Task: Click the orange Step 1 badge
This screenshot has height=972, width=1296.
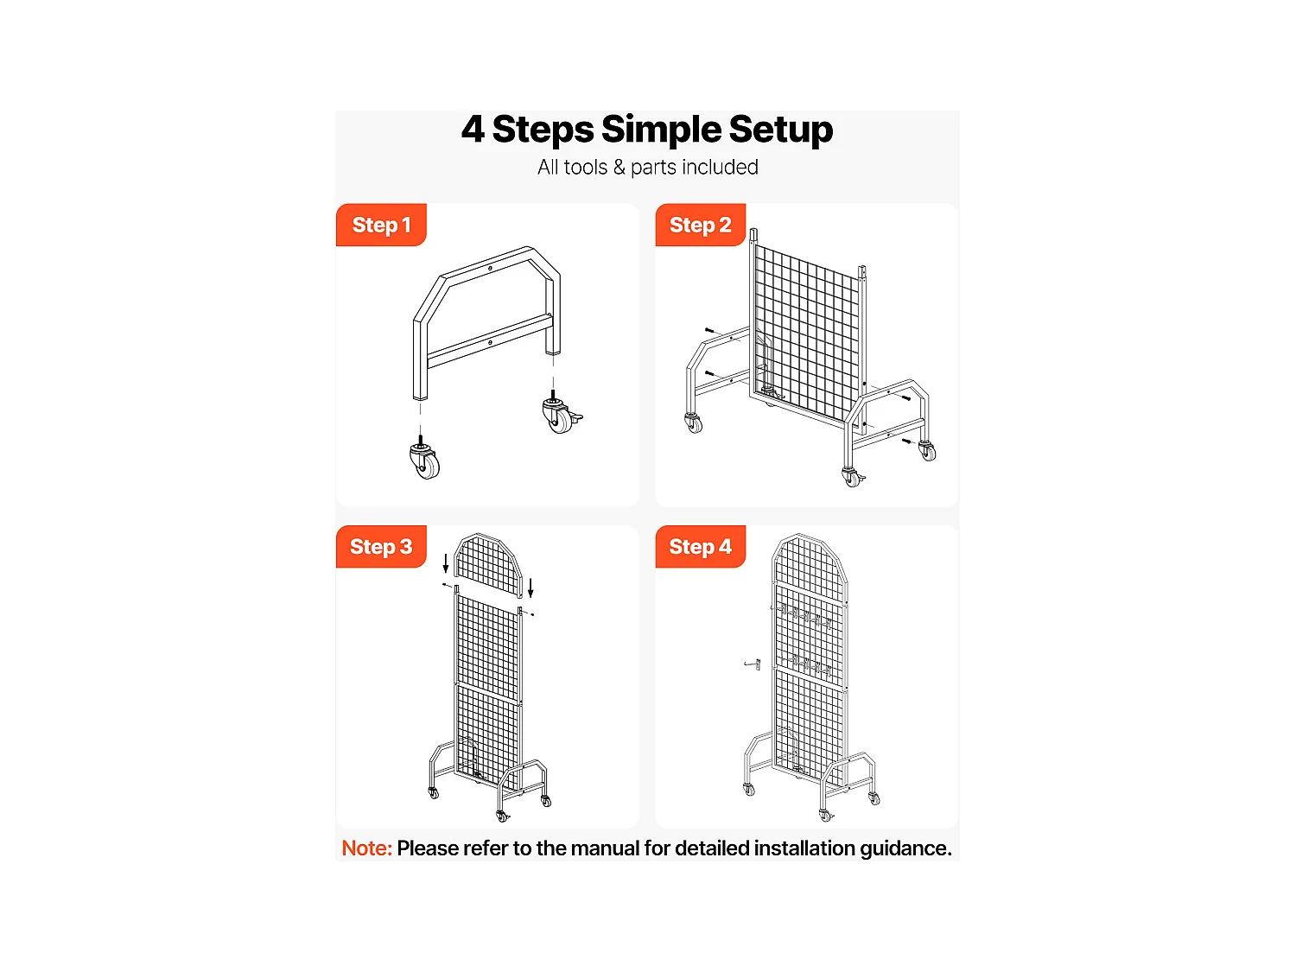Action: [381, 225]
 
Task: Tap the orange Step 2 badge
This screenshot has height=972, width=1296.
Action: [700, 225]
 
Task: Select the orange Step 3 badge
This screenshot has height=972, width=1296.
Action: [381, 547]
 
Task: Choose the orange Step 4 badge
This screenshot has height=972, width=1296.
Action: [700, 547]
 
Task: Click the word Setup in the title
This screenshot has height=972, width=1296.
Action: [780, 130]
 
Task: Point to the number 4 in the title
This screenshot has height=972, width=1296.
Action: [473, 130]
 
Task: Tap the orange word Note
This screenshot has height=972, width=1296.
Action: [366, 848]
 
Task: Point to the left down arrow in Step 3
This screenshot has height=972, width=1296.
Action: [446, 563]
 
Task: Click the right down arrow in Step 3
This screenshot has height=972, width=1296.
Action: [530, 588]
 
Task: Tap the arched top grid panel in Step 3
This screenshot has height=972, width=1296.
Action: [488, 567]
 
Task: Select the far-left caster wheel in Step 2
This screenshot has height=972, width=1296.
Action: [694, 422]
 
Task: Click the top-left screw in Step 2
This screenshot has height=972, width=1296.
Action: [709, 331]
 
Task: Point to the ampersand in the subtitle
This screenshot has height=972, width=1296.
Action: [619, 168]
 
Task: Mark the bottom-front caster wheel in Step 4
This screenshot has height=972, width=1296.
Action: [826, 815]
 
